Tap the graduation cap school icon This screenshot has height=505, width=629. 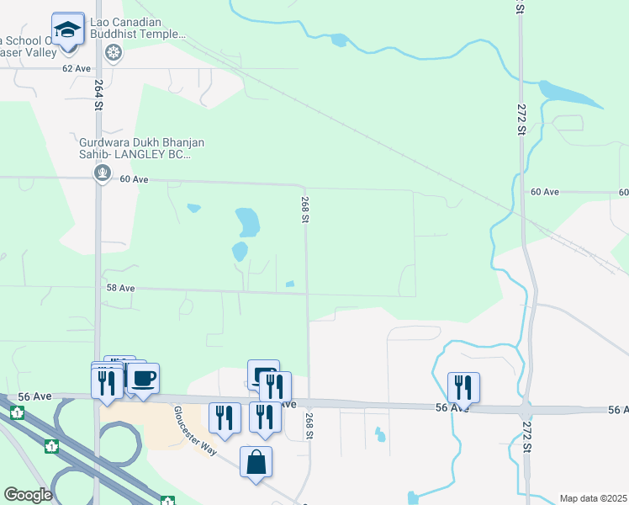tap(67, 30)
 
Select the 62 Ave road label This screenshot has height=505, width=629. tap(77, 68)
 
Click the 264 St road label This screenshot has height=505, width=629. tap(98, 95)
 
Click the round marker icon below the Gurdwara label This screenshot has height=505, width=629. tap(103, 174)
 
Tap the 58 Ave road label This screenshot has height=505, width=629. tap(120, 288)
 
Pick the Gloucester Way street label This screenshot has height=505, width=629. tap(194, 431)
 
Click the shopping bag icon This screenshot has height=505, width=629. tap(256, 463)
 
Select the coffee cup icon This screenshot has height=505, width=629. tap(142, 378)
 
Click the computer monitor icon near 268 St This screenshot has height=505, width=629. tap(263, 374)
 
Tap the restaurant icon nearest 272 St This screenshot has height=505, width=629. tap(463, 387)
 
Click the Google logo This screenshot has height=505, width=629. tap(28, 495)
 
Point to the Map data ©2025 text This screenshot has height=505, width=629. tap(593, 498)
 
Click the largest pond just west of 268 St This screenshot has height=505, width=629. tap(248, 222)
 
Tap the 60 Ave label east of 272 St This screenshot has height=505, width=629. tap(545, 192)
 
